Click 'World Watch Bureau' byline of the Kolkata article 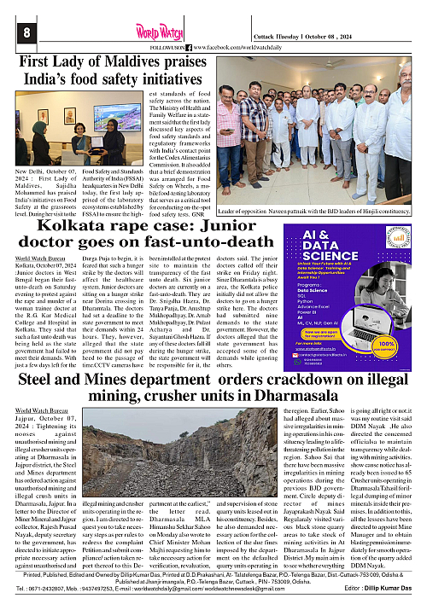[39, 257]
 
